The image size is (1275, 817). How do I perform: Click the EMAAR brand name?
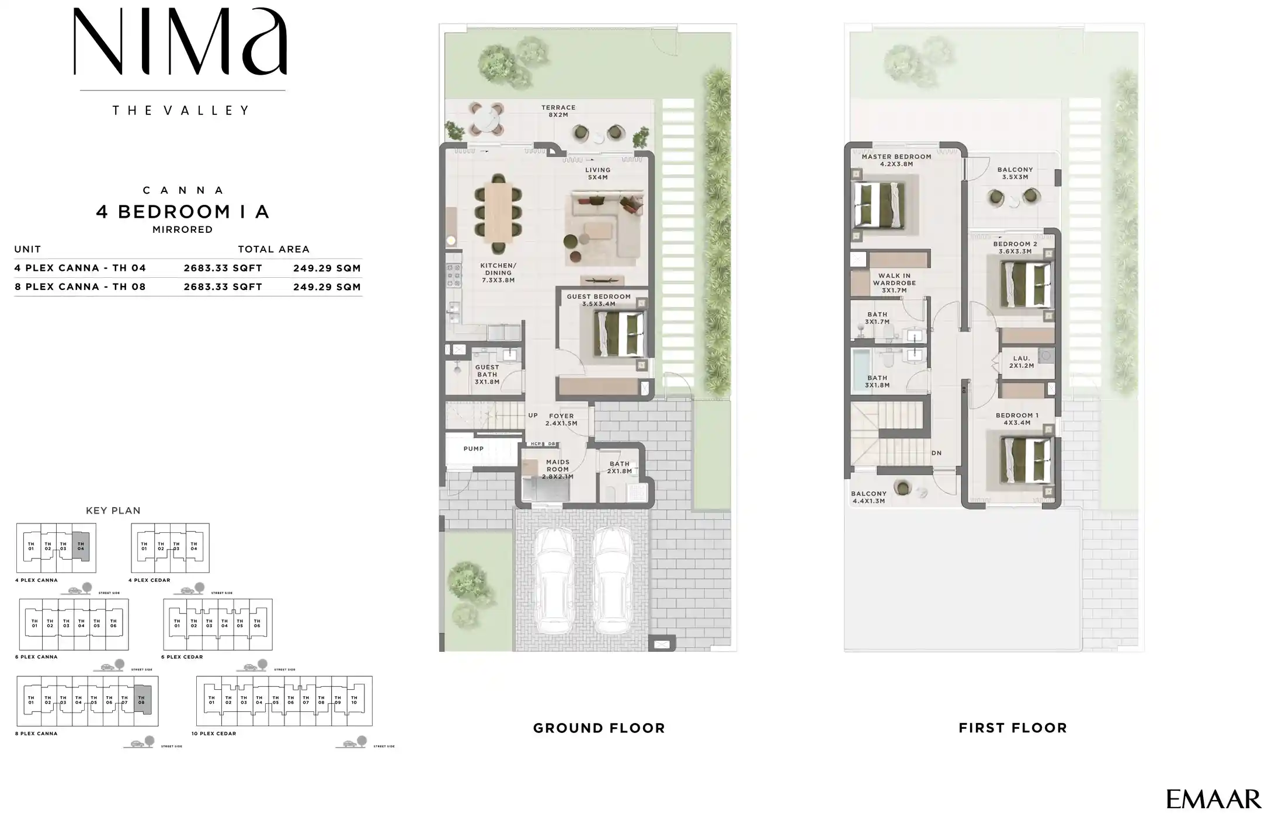click(1213, 799)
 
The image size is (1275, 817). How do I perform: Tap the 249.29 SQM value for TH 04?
click(326, 268)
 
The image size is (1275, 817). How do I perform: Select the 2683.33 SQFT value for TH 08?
click(223, 287)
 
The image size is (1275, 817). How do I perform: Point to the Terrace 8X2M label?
click(558, 111)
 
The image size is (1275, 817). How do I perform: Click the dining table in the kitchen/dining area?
click(498, 213)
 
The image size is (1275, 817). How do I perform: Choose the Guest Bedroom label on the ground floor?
click(599, 300)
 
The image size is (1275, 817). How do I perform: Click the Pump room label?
click(473, 449)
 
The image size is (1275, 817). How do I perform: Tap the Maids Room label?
click(557, 469)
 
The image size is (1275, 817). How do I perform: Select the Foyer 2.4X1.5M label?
click(561, 420)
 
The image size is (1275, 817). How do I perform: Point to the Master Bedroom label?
click(896, 160)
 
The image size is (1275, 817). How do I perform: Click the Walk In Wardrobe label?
click(894, 283)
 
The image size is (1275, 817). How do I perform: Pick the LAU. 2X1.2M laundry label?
click(1022, 362)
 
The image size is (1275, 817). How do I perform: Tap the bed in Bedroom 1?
click(1027, 460)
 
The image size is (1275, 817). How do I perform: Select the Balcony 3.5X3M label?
click(1015, 173)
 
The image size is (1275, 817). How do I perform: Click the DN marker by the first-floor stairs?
click(936, 453)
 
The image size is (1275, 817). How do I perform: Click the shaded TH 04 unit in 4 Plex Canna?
click(81, 547)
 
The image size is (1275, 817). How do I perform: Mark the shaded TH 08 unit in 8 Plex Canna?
click(142, 700)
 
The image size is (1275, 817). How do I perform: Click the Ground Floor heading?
click(599, 728)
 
